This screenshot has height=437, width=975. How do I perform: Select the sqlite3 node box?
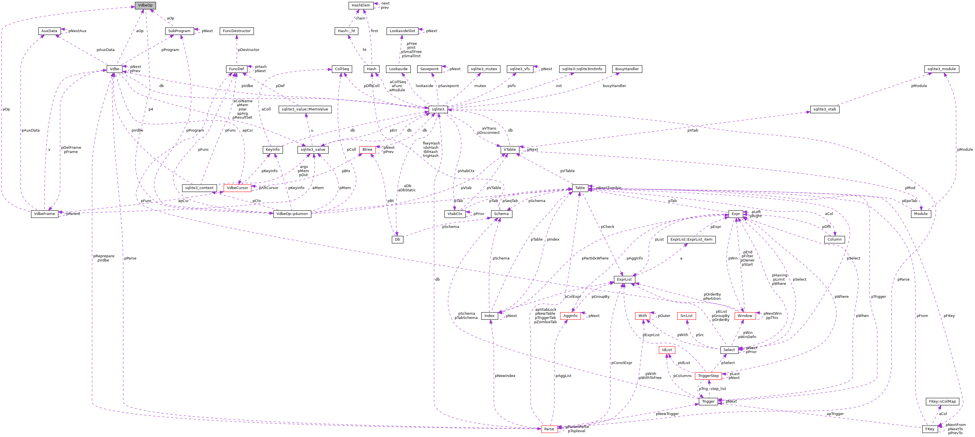point(438,109)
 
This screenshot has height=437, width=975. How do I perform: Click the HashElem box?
point(361,5)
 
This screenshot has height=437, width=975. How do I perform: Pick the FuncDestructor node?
point(236,31)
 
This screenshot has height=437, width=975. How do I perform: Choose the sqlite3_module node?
point(941,69)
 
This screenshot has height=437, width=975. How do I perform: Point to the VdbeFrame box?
point(44,214)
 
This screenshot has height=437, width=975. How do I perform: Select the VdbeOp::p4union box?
point(292,214)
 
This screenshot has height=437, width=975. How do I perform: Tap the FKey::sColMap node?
point(942,401)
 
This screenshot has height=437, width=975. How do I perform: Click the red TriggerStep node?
point(708,376)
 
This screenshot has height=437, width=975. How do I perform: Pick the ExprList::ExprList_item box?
point(691,239)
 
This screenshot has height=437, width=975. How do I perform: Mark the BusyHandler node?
point(627,69)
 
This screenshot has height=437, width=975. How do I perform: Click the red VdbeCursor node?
point(237,188)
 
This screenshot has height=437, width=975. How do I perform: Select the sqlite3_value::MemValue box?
point(305,109)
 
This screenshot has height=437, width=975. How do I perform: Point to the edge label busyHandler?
point(614,86)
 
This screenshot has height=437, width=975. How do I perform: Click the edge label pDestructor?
point(248,50)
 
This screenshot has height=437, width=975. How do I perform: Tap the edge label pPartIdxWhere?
point(595,258)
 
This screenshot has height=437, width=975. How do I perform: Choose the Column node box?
point(834,239)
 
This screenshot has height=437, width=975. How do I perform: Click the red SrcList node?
point(686,316)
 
